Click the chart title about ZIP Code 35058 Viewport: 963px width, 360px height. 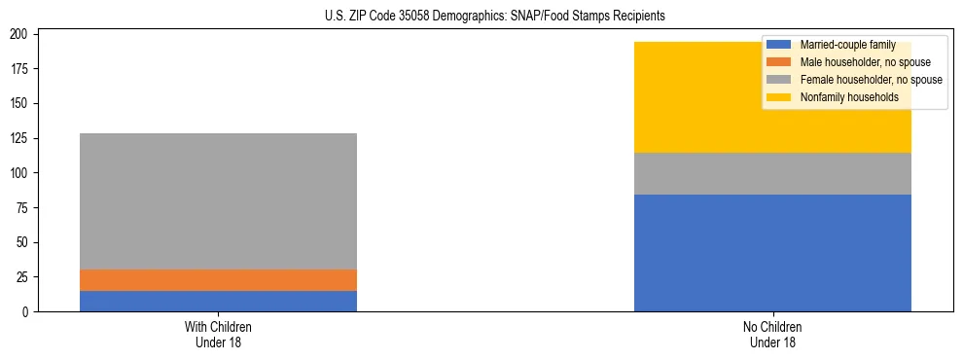pos(481,17)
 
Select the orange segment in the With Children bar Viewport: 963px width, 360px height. pos(218,280)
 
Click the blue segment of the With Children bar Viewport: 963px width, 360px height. pos(218,301)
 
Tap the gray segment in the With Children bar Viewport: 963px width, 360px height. pos(218,201)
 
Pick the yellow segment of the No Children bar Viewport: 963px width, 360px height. pos(772,97)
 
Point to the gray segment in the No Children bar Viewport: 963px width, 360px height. pos(772,173)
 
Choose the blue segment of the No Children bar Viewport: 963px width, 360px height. pos(772,253)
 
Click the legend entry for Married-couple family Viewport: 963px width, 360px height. pos(846,45)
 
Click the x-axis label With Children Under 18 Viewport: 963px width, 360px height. pos(218,335)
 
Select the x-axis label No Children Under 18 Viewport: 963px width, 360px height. pos(772,335)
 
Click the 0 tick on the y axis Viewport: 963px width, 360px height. pos(29,311)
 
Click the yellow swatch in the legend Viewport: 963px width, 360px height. pos(780,97)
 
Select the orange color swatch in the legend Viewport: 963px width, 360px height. pos(780,62)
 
